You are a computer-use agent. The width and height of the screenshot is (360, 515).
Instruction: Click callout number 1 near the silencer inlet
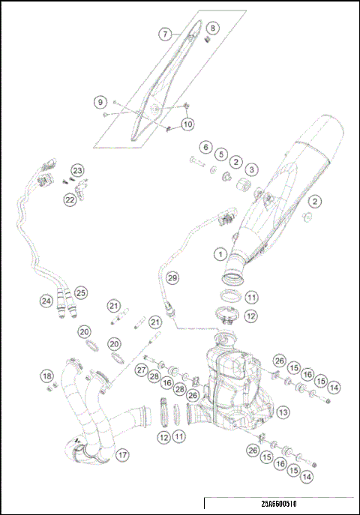pyautogui.click(x=220, y=254)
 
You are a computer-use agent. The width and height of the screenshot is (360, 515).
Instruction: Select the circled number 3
pyautogui.click(x=252, y=170)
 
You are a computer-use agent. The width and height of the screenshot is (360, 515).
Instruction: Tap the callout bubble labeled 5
pyautogui.click(x=220, y=154)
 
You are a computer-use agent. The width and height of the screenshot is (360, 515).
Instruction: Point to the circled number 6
pyautogui.click(x=204, y=146)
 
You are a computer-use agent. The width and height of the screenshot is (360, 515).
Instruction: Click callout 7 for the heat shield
pyautogui.click(x=165, y=34)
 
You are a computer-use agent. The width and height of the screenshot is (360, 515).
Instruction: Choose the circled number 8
pyautogui.click(x=212, y=28)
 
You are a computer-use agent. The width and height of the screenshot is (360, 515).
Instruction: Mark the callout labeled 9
pyautogui.click(x=98, y=101)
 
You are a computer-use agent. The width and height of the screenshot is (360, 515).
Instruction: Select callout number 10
pyautogui.click(x=187, y=124)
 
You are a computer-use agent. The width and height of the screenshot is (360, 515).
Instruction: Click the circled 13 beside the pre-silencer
pyautogui.click(x=283, y=412)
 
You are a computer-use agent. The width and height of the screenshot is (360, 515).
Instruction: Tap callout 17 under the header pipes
pyautogui.click(x=122, y=454)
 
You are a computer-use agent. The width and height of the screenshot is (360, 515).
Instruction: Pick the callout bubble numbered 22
pyautogui.click(x=69, y=199)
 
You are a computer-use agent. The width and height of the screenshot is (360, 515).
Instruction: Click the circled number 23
pyautogui.click(x=78, y=171)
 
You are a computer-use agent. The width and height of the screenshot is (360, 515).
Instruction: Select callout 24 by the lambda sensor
pyautogui.click(x=46, y=301)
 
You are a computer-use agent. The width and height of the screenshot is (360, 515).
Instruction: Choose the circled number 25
pyautogui.click(x=81, y=292)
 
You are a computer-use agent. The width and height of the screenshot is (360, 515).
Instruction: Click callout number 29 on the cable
pyautogui.click(x=172, y=278)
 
